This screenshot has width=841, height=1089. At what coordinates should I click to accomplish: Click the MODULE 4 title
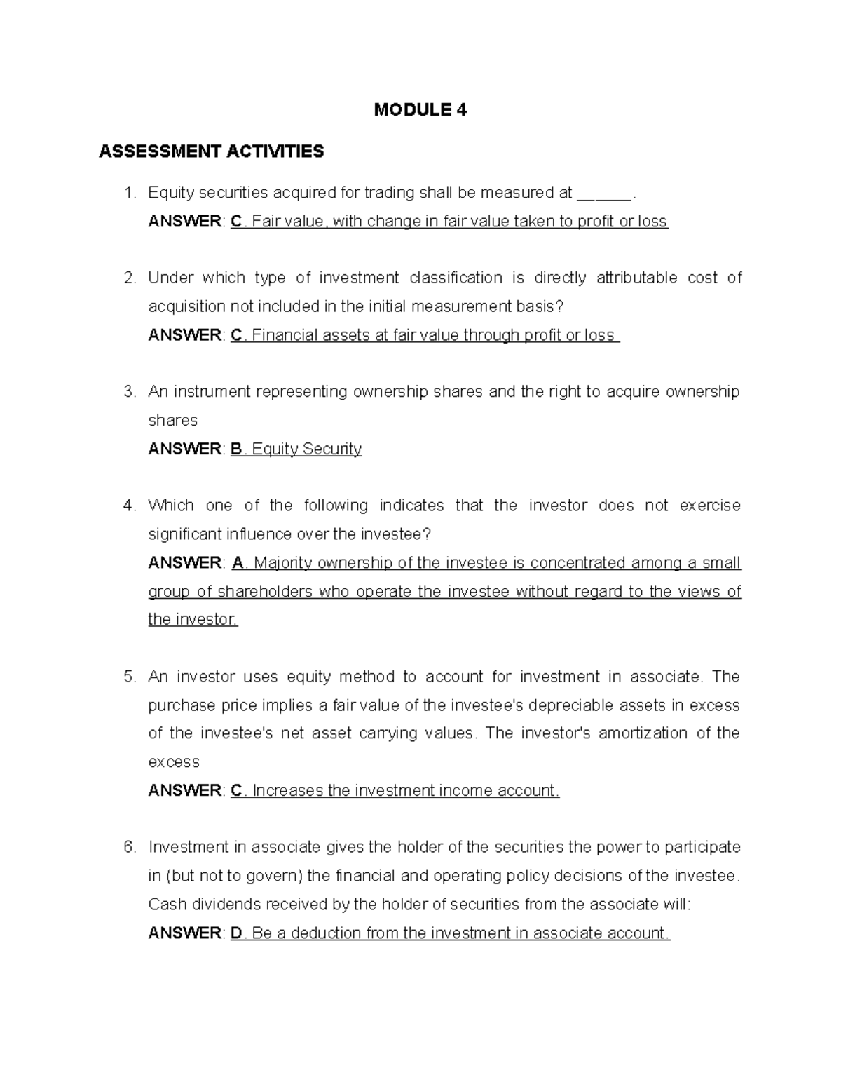(420, 110)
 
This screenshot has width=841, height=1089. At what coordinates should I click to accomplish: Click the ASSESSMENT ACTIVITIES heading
(211, 151)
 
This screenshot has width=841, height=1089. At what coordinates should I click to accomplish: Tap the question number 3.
(129, 392)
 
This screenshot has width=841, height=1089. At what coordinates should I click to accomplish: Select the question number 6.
(129, 847)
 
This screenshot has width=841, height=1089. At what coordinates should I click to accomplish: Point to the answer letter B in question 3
(236, 449)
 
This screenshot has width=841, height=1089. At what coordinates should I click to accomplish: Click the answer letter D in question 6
(236, 933)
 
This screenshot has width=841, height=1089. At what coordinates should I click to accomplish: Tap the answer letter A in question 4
(237, 563)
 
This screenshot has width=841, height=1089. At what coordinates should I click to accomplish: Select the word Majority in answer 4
(283, 563)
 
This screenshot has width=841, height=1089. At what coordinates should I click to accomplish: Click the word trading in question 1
(390, 193)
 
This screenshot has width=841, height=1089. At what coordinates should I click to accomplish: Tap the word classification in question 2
(456, 278)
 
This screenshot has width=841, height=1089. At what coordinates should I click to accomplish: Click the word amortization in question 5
(643, 733)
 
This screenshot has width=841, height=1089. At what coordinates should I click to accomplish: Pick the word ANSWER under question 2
(184, 335)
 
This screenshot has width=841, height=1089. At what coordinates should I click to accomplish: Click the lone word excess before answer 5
(174, 762)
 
